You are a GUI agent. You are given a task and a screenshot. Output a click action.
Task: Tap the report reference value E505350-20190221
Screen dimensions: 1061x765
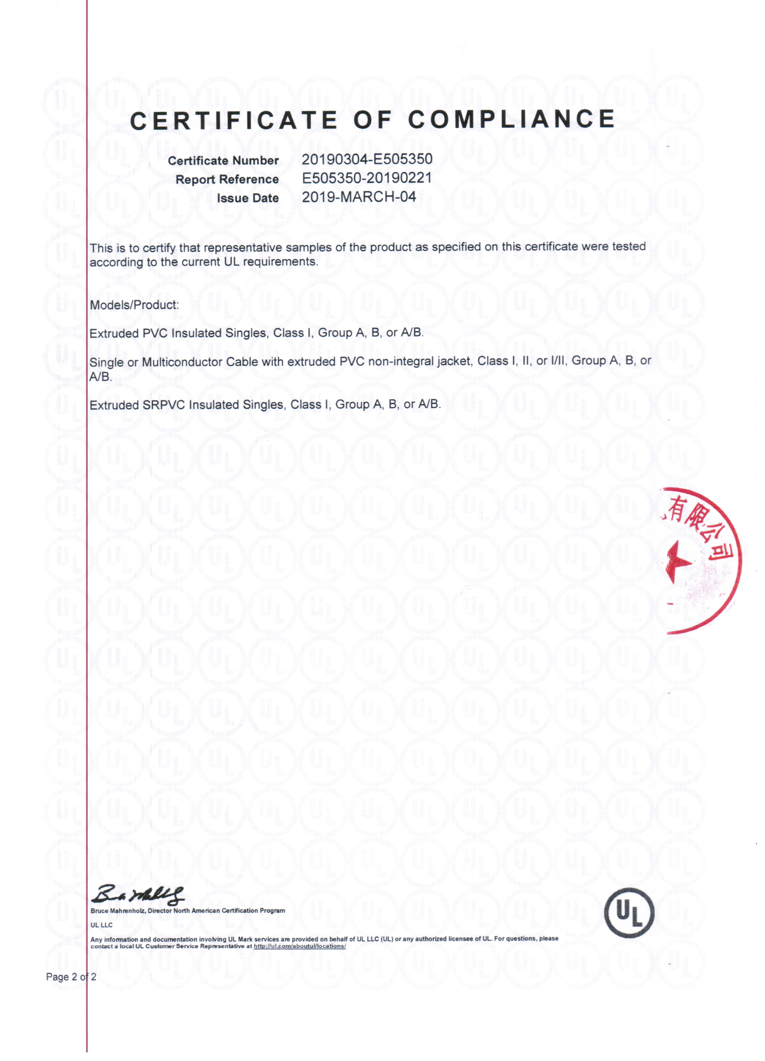tap(366, 178)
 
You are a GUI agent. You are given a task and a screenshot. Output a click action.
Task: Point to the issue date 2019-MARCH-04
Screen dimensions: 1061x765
tap(359, 197)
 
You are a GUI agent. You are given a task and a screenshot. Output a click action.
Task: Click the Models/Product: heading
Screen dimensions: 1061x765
tap(134, 305)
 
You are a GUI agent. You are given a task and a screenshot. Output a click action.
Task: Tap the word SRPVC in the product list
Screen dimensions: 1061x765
tap(164, 405)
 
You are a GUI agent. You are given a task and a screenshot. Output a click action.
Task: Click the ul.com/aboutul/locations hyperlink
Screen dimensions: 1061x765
tap(299, 946)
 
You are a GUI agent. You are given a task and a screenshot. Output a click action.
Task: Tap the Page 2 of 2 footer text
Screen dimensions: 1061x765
tap(71, 977)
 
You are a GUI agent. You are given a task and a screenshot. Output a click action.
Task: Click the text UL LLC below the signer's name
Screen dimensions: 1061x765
tap(101, 925)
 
